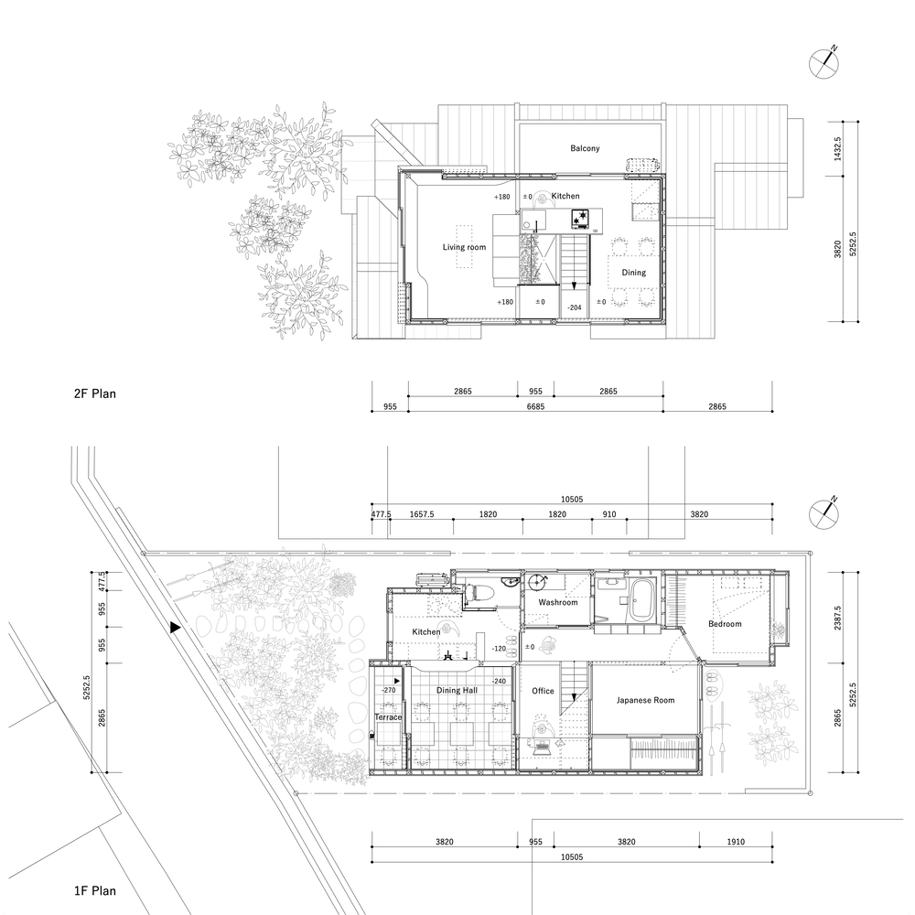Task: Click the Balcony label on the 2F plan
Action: (x=585, y=148)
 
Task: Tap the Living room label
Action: (x=464, y=247)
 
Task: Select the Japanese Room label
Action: (x=645, y=700)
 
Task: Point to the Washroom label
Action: (x=557, y=603)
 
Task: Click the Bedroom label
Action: (x=725, y=624)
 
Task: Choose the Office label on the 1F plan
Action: (x=543, y=691)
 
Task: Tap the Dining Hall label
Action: (x=457, y=690)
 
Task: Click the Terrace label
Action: (x=388, y=718)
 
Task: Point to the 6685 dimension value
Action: (x=535, y=405)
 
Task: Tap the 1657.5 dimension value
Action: (x=421, y=515)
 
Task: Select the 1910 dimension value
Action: (x=737, y=843)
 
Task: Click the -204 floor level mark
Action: (x=575, y=308)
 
